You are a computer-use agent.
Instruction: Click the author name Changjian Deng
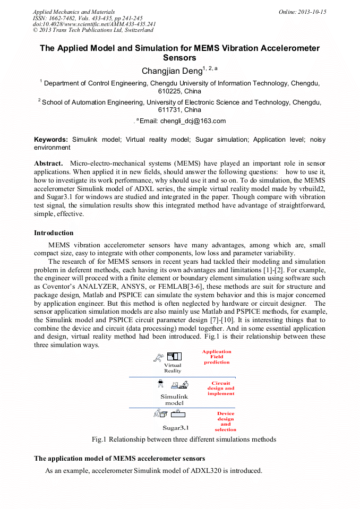click(172, 71)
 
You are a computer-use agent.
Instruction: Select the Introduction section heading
click(54, 233)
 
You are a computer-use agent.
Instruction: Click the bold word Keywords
click(51, 139)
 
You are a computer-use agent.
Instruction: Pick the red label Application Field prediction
click(217, 357)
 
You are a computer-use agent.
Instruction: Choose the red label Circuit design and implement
click(221, 389)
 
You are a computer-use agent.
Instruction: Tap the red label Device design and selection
click(226, 421)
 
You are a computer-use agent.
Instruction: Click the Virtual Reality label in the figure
click(173, 368)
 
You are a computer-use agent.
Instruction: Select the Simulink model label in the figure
click(174, 400)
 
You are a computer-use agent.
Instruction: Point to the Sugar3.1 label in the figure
click(175, 427)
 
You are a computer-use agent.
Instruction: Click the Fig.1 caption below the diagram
click(184, 439)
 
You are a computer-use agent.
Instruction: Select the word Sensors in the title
click(179, 58)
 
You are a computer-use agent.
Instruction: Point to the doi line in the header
click(94, 24)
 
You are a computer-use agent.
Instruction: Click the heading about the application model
click(119, 458)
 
